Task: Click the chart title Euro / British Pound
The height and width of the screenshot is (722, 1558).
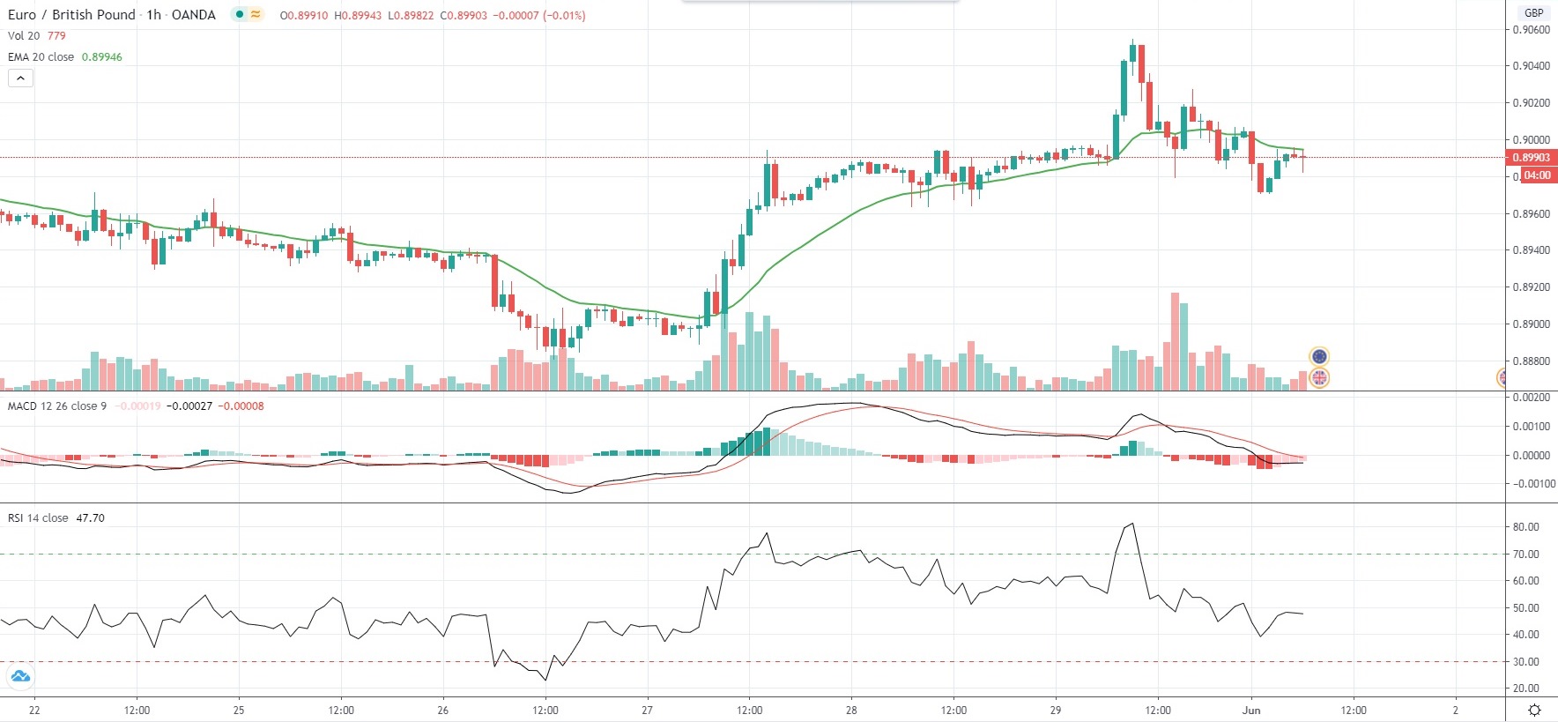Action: click(x=72, y=15)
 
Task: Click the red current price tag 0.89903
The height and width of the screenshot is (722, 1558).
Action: click(x=1531, y=158)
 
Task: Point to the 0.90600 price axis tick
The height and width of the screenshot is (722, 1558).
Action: click(x=1531, y=30)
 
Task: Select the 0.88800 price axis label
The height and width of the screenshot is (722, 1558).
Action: click(x=1531, y=361)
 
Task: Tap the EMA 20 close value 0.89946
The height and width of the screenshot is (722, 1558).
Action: click(x=102, y=57)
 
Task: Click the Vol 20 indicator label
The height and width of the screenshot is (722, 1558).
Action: click(x=24, y=36)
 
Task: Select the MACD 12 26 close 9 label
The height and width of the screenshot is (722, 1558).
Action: click(x=56, y=406)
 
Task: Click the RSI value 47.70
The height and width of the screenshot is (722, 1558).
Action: click(x=90, y=518)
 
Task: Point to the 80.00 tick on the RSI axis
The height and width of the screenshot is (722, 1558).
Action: click(x=1525, y=527)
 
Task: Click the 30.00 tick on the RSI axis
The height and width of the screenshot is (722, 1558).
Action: click(x=1525, y=662)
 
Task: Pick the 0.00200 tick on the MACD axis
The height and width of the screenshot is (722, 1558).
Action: click(x=1531, y=398)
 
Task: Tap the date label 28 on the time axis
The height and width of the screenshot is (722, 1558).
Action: click(x=851, y=711)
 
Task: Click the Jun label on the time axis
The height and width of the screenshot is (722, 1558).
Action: click(x=1251, y=711)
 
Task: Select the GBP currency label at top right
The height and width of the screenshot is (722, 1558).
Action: click(x=1534, y=12)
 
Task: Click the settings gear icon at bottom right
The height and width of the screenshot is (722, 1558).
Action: click(x=1534, y=711)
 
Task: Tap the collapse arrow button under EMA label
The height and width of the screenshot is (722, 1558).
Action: click(x=20, y=78)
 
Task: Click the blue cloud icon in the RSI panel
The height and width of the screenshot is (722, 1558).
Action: click(x=19, y=677)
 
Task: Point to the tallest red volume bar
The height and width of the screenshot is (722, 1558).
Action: click(x=1175, y=340)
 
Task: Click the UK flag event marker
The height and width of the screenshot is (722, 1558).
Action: click(x=1319, y=378)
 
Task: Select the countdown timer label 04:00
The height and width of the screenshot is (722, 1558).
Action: click(x=1537, y=175)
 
